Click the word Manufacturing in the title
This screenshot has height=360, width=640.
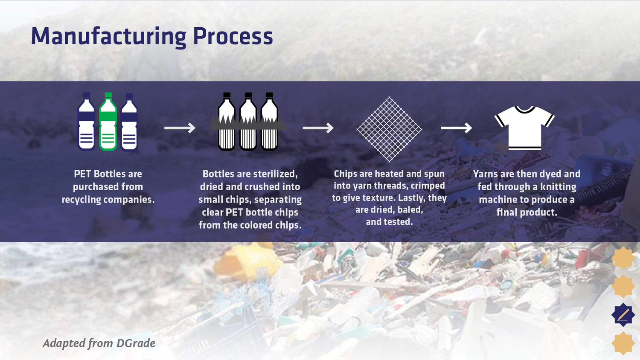[109, 37]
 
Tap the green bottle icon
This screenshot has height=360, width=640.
[108, 122]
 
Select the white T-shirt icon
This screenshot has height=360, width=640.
[524, 128]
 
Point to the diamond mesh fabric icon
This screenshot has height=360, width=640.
[389, 129]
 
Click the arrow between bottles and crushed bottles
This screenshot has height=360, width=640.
[180, 128]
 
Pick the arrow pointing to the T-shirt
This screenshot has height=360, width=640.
[456, 128]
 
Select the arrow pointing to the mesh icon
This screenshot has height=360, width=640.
[318, 128]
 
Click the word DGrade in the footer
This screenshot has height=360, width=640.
[136, 343]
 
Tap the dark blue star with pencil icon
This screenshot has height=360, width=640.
[623, 315]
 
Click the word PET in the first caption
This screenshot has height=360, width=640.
[82, 174]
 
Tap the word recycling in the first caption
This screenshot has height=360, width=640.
[81, 200]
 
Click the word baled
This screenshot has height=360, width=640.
[410, 210]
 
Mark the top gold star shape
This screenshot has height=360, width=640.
[623, 258]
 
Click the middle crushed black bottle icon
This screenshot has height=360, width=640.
[248, 121]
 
